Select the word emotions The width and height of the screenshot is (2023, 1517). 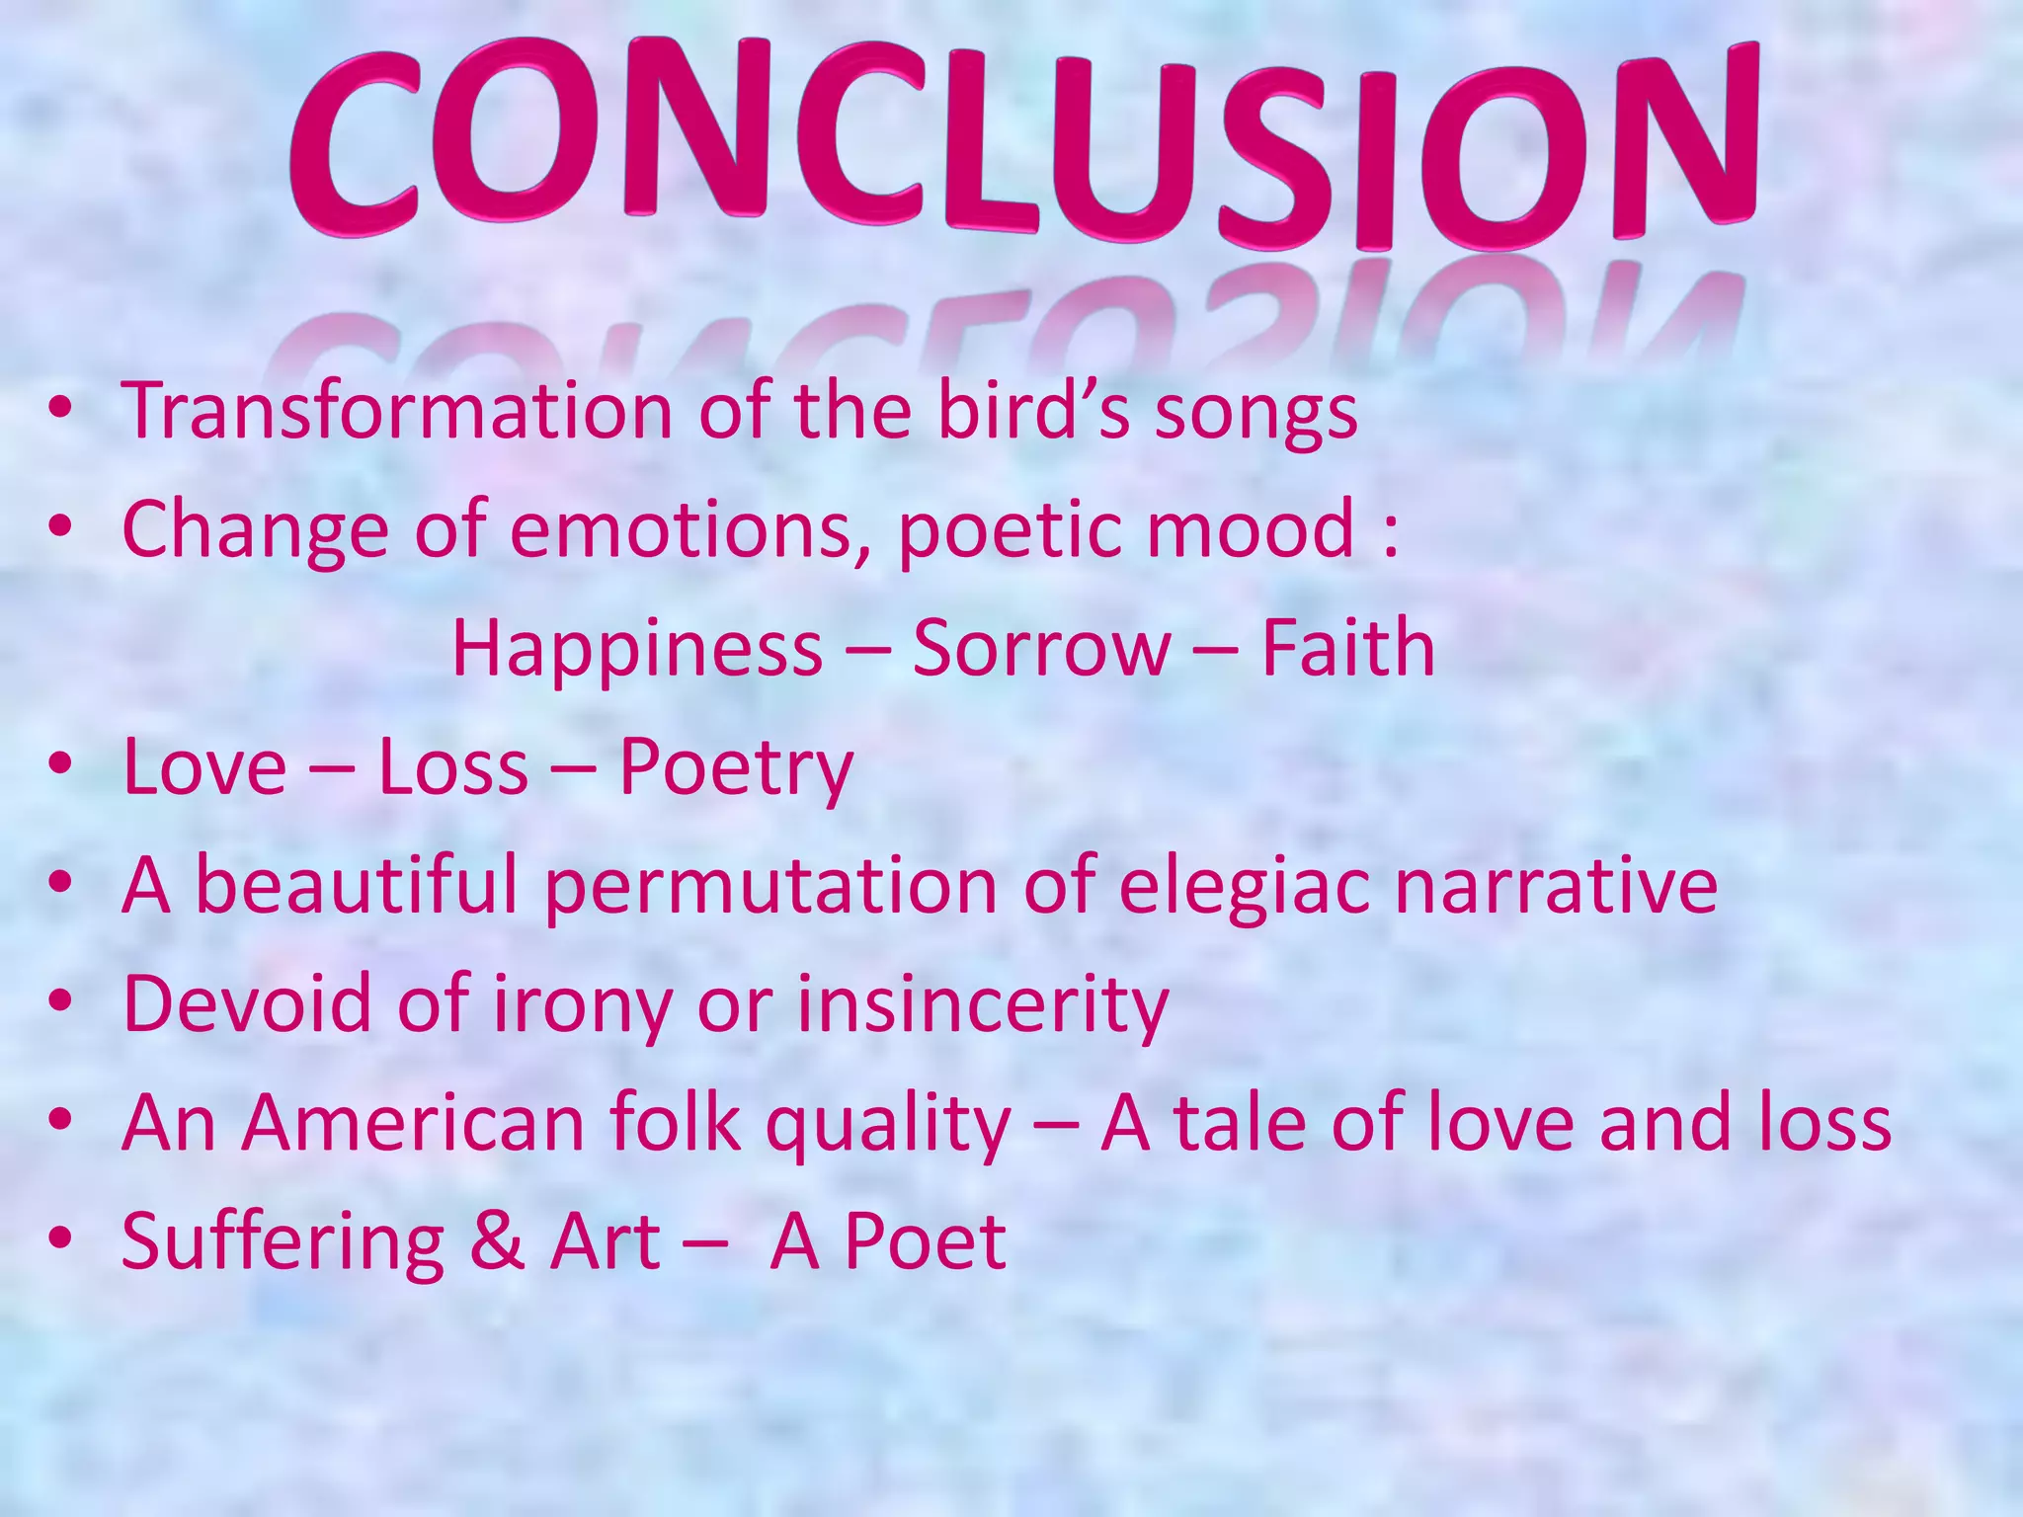[690, 529]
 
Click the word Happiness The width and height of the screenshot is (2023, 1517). [637, 649]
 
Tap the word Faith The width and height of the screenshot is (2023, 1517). [1347, 649]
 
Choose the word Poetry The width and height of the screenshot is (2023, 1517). [735, 768]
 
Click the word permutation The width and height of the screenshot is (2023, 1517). [770, 886]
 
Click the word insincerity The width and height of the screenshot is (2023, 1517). [983, 1004]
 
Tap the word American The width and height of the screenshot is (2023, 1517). [414, 1123]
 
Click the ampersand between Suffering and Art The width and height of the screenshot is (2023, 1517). [497, 1241]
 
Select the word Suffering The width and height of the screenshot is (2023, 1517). [283, 1242]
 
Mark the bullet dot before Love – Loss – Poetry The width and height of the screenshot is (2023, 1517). [61, 766]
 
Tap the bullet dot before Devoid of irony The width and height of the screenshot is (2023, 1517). [61, 1003]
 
